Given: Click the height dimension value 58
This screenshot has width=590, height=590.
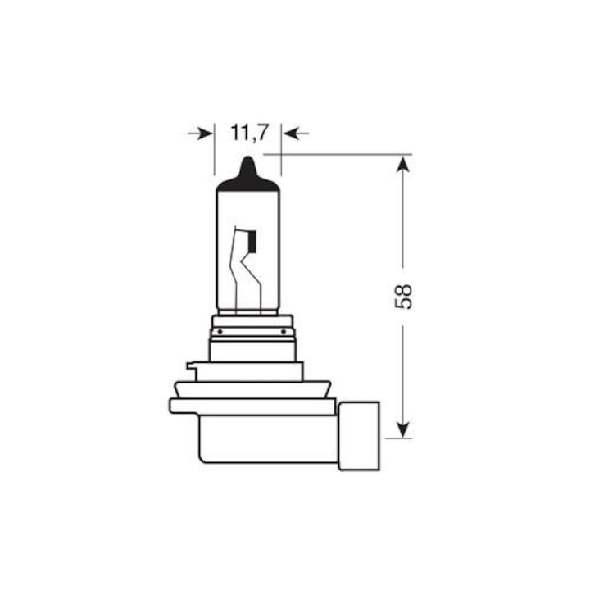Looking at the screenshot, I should point(402,296).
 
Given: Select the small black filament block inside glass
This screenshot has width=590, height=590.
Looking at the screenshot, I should point(252,241).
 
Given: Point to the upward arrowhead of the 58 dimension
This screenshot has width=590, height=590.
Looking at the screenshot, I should point(402,165).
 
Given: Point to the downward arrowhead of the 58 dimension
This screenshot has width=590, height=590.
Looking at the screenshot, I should point(402,427).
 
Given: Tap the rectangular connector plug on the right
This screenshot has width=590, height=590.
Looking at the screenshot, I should point(359,435).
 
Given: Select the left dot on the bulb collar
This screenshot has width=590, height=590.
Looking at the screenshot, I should point(219,331).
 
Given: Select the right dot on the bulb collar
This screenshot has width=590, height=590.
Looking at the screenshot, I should point(284,331).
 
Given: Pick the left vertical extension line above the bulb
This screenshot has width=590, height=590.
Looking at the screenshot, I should point(215,152).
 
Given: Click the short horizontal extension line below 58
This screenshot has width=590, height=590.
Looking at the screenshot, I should point(398,438).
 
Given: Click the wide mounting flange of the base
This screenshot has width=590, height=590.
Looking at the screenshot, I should point(252,406).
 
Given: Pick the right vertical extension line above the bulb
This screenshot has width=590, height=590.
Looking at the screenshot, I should point(281,152).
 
